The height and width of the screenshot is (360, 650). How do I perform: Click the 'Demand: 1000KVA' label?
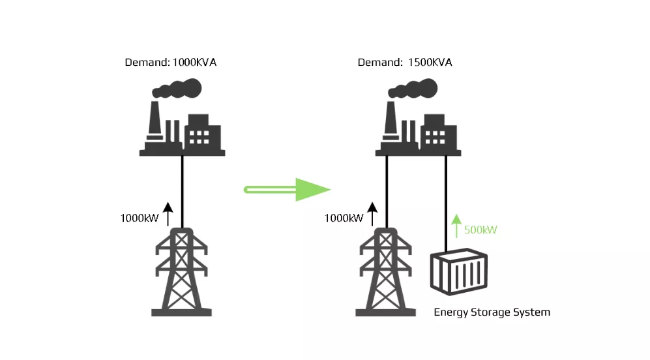[x=170, y=63]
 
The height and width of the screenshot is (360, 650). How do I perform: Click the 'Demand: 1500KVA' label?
[x=405, y=63]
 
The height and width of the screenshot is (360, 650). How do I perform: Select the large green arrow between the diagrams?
[x=287, y=190]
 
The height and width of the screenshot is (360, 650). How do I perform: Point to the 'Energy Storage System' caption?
[x=492, y=312]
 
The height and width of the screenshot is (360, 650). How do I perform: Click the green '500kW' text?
[x=481, y=230]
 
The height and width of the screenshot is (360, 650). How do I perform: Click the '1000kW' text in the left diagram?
[x=139, y=218]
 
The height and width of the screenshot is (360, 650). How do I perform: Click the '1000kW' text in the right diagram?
[x=344, y=218]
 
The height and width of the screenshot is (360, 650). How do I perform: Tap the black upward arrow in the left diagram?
[x=168, y=213]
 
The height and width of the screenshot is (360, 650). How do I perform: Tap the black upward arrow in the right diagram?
[x=372, y=213]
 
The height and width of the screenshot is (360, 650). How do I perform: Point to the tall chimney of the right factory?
[x=391, y=121]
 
